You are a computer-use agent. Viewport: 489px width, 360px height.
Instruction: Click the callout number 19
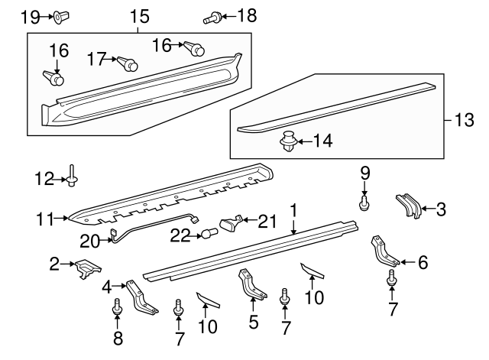pos(28,15)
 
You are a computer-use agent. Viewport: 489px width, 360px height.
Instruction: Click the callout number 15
pos(138,15)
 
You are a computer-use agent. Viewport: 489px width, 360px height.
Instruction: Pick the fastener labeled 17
pos(131,63)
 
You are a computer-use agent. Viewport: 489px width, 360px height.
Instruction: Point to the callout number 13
pos(465,120)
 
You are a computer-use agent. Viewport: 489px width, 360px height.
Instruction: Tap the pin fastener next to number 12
pos(71,177)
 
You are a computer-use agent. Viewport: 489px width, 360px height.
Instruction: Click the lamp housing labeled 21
pos(232,223)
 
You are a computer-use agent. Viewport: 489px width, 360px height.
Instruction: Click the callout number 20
pos(89,240)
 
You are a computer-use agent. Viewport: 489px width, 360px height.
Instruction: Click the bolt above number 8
pos(118,306)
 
